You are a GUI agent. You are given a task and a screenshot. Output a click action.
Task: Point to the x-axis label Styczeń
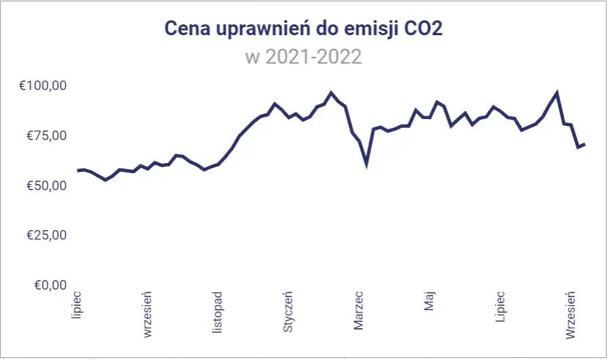click(x=288, y=313)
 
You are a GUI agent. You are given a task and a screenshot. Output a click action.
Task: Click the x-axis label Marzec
click(x=359, y=311)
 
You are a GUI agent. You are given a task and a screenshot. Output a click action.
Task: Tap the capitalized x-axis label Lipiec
click(x=500, y=307)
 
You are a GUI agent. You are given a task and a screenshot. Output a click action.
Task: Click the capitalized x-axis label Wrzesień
click(x=571, y=315)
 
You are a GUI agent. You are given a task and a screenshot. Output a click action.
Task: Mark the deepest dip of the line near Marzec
click(x=366, y=164)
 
